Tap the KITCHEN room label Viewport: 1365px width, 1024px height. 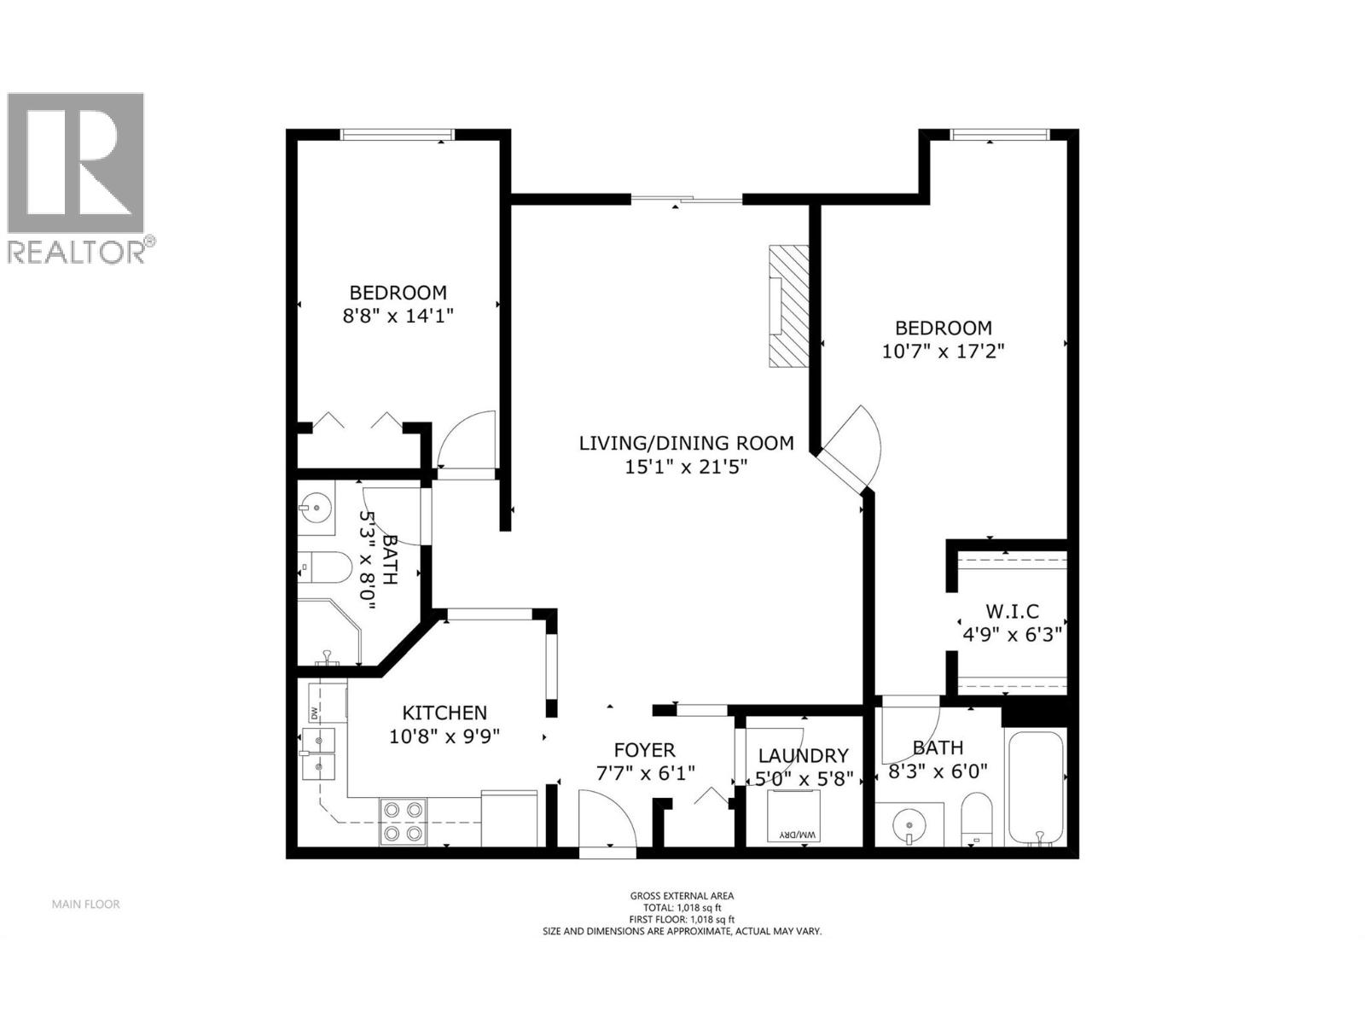[x=444, y=713]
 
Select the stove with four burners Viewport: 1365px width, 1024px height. [x=403, y=821]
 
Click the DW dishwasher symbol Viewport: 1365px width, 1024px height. [x=314, y=711]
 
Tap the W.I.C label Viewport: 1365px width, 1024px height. [x=1012, y=611]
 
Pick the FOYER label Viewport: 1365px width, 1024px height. [x=644, y=750]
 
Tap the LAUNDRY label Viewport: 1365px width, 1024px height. [x=803, y=755]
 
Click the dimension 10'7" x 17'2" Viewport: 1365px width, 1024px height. [x=943, y=351]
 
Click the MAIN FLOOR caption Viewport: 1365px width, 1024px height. [x=85, y=904]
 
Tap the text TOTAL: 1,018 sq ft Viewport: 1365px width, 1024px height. [x=682, y=907]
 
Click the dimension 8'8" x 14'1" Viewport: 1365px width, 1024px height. [x=398, y=316]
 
